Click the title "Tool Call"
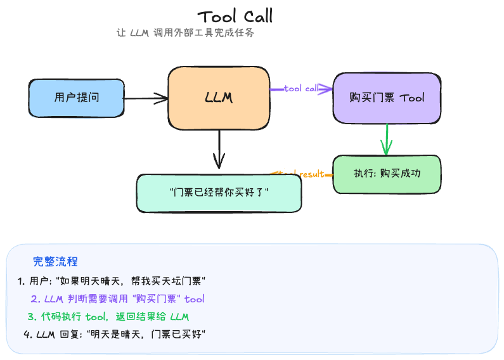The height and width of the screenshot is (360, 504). [235, 16]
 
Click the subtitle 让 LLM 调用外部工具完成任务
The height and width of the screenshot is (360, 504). [186, 34]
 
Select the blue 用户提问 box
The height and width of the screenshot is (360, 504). [77, 98]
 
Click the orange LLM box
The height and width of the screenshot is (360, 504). [219, 98]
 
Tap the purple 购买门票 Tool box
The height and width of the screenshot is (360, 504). [387, 98]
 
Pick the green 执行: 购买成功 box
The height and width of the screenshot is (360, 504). [386, 174]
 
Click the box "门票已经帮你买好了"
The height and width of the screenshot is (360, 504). [219, 192]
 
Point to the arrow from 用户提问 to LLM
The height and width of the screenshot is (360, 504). [146, 98]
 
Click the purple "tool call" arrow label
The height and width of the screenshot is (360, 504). [301, 89]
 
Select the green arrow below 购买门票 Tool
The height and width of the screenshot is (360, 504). [385, 139]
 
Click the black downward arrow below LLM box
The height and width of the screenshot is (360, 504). [219, 150]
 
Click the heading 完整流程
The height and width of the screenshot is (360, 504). [55, 262]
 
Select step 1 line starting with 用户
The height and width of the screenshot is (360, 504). [113, 281]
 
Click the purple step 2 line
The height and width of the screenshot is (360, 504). [118, 299]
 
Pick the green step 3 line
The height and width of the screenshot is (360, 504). [108, 316]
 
